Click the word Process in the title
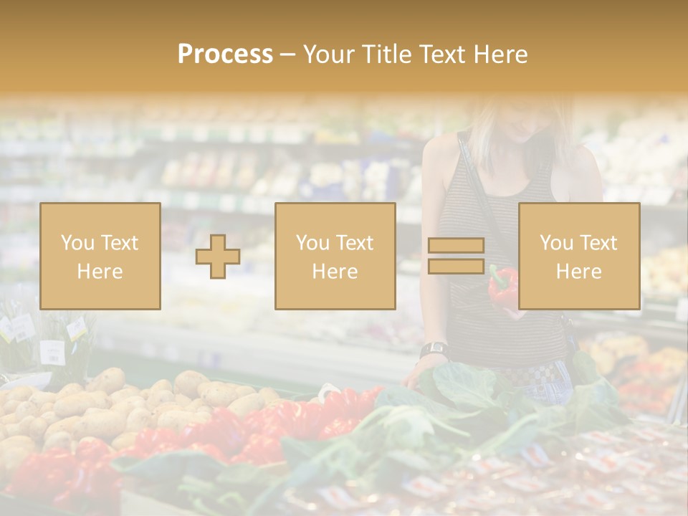225,54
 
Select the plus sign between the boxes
218,257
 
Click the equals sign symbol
456,256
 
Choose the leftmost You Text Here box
100,257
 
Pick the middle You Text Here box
335,257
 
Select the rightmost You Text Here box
579,257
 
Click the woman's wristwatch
434,350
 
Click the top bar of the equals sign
456,245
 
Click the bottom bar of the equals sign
456,267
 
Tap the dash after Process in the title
287,55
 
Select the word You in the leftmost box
77,242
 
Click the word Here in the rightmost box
579,271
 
